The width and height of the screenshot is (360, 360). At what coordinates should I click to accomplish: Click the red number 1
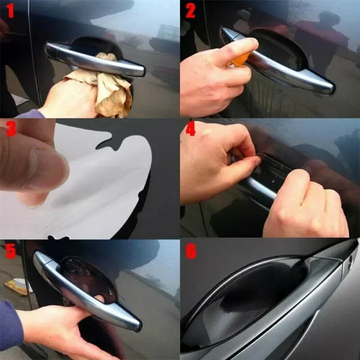(10, 10)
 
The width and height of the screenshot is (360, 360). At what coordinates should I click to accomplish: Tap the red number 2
(190, 10)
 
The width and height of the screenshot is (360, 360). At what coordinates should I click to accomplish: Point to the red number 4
(190, 129)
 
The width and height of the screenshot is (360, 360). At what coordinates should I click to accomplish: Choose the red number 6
(191, 251)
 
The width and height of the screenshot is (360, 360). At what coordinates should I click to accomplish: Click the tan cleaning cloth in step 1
(110, 88)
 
